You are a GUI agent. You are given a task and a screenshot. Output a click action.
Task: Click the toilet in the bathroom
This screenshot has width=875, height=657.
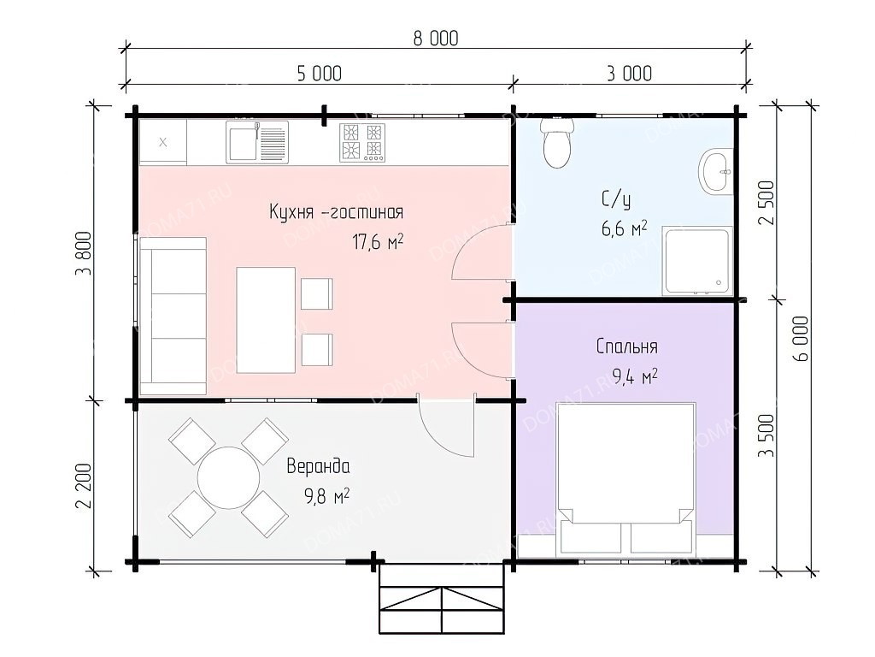[x=557, y=143]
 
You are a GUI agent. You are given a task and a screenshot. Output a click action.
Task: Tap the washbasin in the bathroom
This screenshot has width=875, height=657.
[x=716, y=172]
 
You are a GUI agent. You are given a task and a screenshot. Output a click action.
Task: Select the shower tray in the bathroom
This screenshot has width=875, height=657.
[x=697, y=261]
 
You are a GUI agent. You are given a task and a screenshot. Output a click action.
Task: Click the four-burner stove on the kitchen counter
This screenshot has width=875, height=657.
[x=362, y=143]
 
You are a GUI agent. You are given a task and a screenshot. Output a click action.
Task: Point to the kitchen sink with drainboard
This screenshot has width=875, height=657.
[x=257, y=143]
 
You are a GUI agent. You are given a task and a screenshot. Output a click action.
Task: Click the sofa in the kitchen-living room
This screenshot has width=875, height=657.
[x=173, y=317]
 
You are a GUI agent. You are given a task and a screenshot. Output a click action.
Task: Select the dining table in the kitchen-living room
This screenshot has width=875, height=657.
[x=266, y=320]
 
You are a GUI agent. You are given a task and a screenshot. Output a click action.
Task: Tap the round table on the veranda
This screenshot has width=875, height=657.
[x=229, y=477]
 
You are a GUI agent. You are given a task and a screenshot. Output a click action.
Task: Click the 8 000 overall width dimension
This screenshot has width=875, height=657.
[x=436, y=38]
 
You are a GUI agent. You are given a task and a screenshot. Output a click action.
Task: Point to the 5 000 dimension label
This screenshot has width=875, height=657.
[x=320, y=74]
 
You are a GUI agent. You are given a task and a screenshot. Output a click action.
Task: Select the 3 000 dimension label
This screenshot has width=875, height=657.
[x=629, y=74]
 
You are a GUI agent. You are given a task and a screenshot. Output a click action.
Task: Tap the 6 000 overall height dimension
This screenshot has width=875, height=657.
[x=800, y=339]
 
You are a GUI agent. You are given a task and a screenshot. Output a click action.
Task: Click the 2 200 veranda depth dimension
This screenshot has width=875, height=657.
[x=83, y=486]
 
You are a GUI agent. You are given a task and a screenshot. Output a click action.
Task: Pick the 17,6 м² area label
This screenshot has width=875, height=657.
[x=378, y=242]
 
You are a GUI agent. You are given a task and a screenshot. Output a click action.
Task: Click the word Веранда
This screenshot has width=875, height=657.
[x=318, y=466]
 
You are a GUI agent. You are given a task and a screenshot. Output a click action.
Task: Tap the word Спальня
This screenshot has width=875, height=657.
[x=626, y=346]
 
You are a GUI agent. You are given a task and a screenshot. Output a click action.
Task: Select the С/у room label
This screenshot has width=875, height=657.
[x=616, y=199]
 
